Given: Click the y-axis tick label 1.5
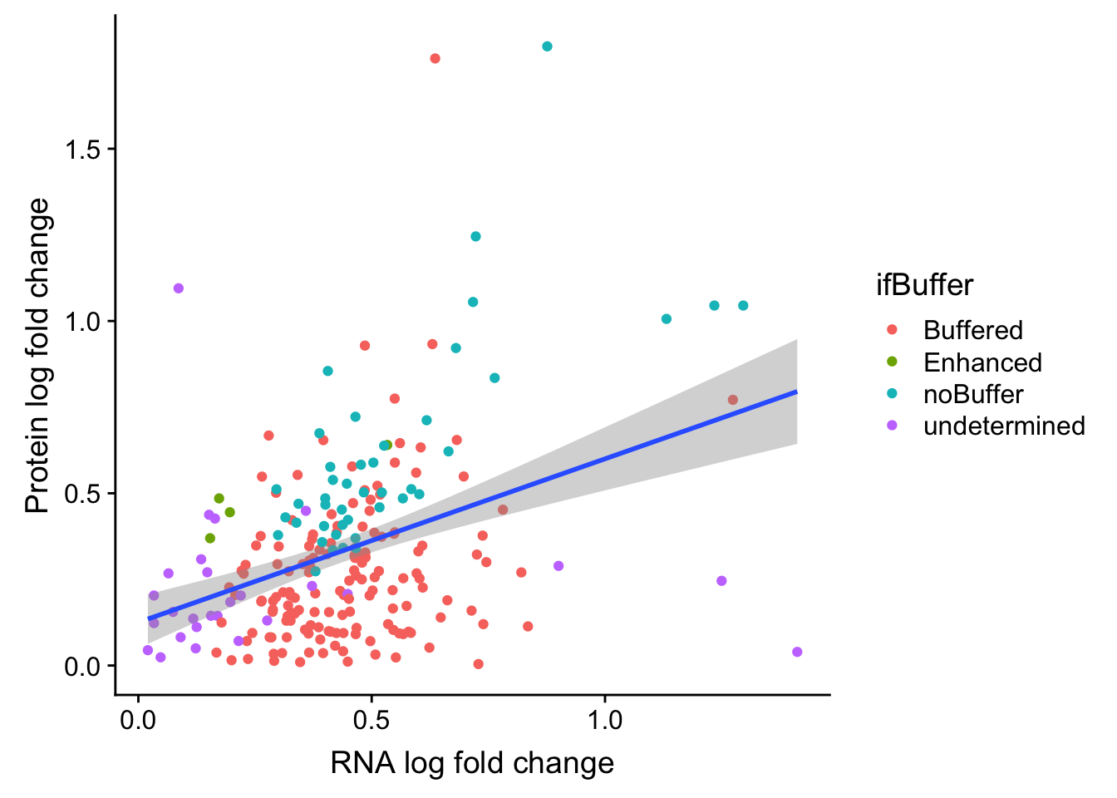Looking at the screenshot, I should [x=81, y=150].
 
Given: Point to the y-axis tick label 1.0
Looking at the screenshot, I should [x=81, y=322].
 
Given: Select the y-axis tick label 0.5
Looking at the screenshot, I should [x=81, y=494].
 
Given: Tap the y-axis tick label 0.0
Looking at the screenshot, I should [x=81, y=667].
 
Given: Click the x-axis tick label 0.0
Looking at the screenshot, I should [x=138, y=720].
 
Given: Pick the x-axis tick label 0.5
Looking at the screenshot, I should [x=372, y=720].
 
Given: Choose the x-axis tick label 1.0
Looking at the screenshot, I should [x=605, y=720].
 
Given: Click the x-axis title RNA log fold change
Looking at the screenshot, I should [x=472, y=763].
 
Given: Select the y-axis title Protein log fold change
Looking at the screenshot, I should [x=37, y=356].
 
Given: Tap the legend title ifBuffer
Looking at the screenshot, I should [x=924, y=285].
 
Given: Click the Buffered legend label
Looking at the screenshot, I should [x=972, y=330].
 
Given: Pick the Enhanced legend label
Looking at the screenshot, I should [x=982, y=362].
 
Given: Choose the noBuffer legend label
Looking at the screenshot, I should [x=972, y=394].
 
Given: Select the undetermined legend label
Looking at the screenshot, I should [x=1004, y=426].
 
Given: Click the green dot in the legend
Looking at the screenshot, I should [x=893, y=362].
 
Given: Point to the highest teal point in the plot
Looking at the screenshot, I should [x=547, y=47].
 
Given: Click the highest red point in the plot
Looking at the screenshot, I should [x=435, y=58].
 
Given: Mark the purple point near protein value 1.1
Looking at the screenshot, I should [x=178, y=288].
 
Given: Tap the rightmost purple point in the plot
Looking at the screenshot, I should [x=797, y=652].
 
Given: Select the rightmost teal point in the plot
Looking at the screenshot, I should [x=743, y=306].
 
